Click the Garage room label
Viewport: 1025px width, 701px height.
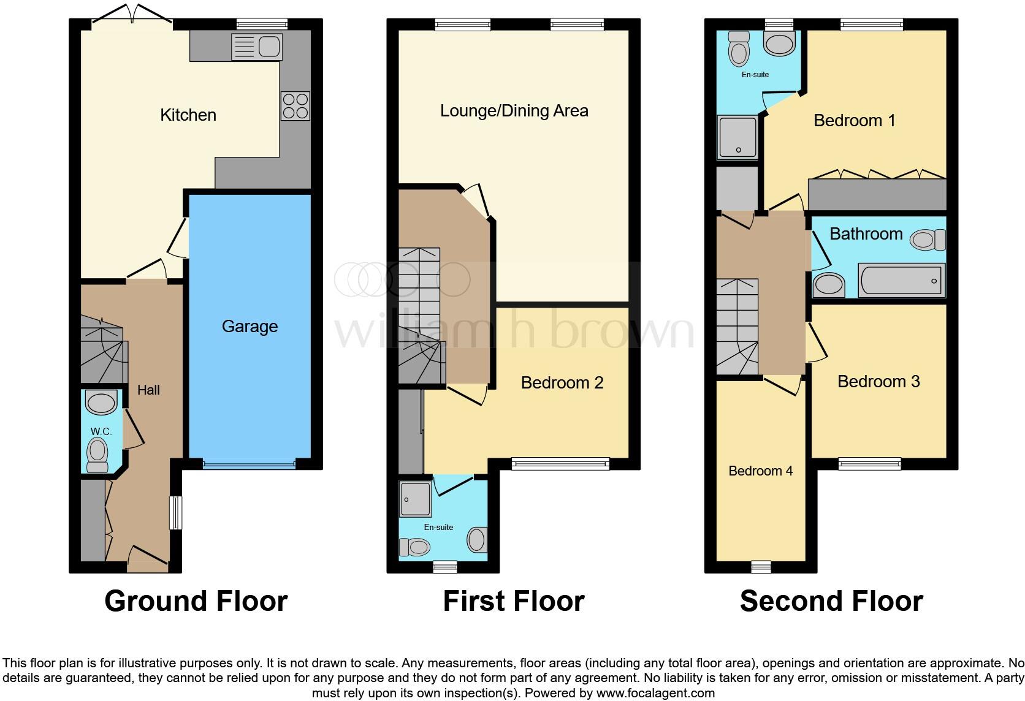pos(250,327)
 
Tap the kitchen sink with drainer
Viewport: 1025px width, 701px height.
pos(256,47)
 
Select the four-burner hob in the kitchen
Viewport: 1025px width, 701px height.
pos(295,106)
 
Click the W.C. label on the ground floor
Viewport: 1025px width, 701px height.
pos(101,431)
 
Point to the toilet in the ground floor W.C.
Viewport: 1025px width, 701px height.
pos(97,456)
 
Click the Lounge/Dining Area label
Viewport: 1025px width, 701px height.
pos(514,111)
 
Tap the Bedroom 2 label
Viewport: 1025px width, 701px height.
pos(562,383)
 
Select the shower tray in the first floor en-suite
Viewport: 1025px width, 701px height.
pos(416,498)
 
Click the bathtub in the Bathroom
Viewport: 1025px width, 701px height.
pos(901,281)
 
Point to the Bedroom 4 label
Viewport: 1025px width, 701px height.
pos(760,471)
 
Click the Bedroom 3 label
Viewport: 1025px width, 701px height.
pos(878,382)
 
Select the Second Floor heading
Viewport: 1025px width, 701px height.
pos(831,601)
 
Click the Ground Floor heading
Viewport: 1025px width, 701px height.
pos(196,601)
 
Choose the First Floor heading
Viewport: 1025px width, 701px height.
pos(513,601)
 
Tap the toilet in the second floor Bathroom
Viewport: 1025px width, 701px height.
pos(927,240)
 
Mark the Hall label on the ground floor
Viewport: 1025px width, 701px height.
pos(148,390)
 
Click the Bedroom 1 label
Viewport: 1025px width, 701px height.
pos(854,121)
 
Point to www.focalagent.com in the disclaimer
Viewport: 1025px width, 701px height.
pos(655,693)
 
